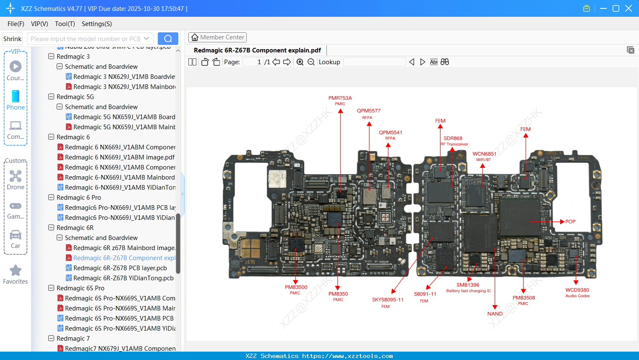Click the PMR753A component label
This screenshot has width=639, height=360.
340,98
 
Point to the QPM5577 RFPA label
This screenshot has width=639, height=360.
368,111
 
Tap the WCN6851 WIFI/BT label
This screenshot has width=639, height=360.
484,154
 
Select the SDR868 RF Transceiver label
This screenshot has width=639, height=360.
453,138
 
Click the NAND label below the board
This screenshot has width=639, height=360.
495,314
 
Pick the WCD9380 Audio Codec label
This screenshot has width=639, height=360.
577,290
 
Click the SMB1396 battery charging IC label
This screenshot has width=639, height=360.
468,285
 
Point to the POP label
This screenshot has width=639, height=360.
570,222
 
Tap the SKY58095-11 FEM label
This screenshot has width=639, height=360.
387,300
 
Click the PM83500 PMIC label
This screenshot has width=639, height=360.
296,287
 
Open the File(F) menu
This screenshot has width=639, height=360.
16,24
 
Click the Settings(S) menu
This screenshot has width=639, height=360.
97,24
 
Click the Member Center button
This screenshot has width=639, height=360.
217,37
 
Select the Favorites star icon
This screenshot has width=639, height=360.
16,271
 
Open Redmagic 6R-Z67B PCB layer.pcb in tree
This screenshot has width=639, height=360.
120,268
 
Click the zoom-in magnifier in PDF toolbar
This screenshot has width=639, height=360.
300,62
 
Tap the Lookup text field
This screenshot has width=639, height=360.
374,62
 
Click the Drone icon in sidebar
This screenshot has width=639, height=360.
16,176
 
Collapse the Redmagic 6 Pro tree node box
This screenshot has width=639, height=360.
51,198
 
